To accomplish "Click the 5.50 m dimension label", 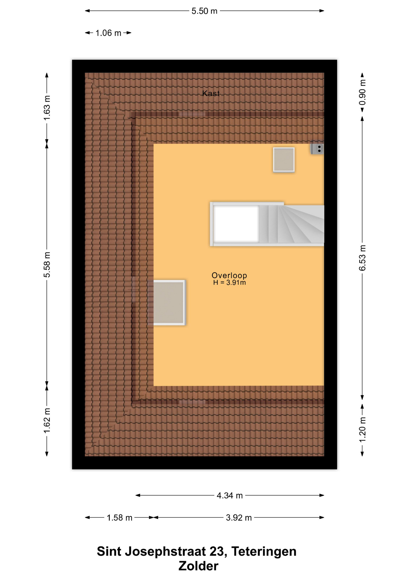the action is coord(204,11).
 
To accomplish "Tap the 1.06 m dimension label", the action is coord(108,33).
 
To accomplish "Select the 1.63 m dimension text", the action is coord(47,108).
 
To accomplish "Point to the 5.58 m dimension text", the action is coord(47,265).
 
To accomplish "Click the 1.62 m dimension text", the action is coord(47,421).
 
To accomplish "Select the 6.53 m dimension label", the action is coord(362,258).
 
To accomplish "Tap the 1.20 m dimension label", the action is coord(362,430).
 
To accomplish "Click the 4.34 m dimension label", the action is coord(229,496).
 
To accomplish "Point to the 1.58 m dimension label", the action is coord(120,518).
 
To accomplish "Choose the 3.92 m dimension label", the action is coord(239,518).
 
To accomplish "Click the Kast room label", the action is coord(211,93).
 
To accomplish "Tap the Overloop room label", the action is coord(229,275).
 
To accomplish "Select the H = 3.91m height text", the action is coord(229,283).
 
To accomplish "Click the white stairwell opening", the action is coord(236,224).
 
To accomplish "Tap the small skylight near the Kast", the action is coord(284,160).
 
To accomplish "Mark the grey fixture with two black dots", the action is coord(317,148).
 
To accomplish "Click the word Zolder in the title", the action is coord(198,566).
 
